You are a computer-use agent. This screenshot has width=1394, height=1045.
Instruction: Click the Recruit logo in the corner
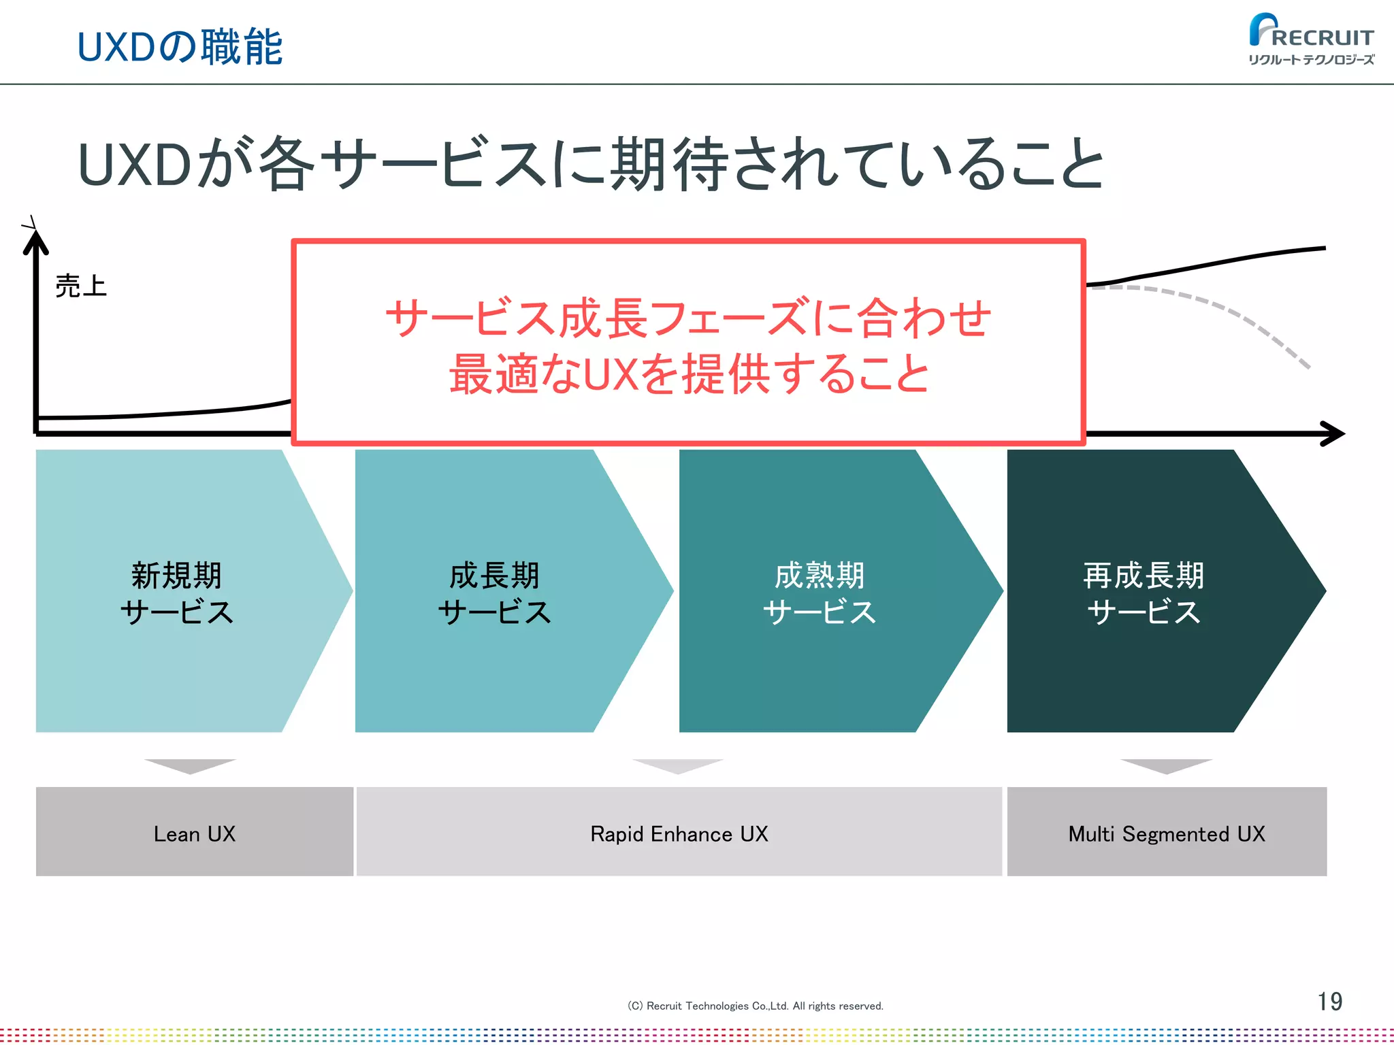(1310, 39)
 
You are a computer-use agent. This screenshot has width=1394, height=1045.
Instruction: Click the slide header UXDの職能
(180, 47)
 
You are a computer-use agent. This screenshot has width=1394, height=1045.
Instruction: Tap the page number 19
(1329, 1001)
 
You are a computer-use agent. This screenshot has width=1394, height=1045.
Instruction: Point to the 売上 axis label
(81, 286)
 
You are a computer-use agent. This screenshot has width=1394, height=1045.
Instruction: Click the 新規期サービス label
(177, 593)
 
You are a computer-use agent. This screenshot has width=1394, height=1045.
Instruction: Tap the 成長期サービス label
(495, 593)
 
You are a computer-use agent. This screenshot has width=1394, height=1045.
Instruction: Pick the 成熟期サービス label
(820, 593)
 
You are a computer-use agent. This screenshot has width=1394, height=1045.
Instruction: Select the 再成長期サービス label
(1144, 593)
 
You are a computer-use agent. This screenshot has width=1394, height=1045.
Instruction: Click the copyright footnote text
(755, 1006)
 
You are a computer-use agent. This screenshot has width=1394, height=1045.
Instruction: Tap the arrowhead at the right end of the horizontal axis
(1333, 433)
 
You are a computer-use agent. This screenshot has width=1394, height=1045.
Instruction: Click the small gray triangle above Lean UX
(191, 765)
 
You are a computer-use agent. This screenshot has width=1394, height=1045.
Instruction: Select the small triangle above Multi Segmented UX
(1166, 765)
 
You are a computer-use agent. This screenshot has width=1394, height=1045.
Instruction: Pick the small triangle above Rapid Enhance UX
(678, 765)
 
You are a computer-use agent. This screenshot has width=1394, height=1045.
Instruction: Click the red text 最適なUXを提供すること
(689, 374)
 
